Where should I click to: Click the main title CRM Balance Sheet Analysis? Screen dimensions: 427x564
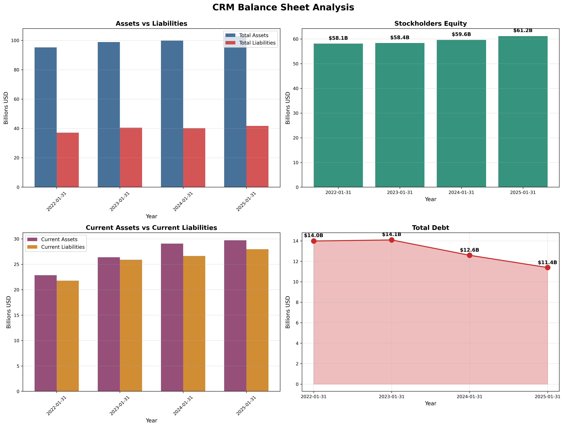coord(283,7)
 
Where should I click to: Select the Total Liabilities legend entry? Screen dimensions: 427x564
coord(257,43)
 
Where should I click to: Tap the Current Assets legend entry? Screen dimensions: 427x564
coord(59,239)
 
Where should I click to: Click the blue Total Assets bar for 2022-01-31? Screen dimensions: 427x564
coord(46,117)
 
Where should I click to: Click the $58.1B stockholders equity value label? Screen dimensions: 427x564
coord(338,38)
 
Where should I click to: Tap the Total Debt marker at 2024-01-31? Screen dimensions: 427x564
coord(469,255)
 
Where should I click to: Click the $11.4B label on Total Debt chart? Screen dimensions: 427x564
coord(547,263)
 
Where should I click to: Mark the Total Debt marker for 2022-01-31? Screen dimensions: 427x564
coord(314,241)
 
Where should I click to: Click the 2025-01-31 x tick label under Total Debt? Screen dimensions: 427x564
coord(547,397)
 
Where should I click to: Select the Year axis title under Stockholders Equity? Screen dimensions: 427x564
coord(430,199)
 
